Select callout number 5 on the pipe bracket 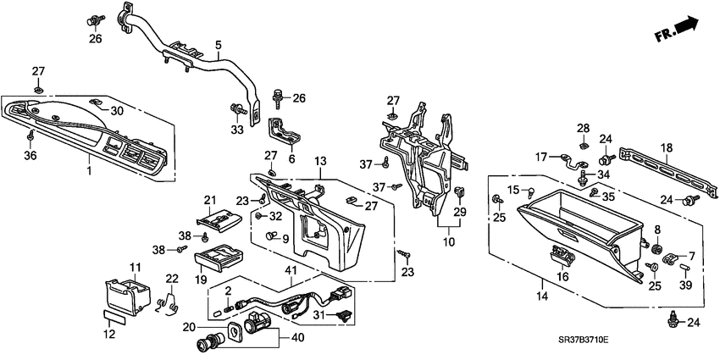218,45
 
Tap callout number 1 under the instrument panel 90,171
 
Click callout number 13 319,161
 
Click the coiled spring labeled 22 170,301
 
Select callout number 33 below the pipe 236,130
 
